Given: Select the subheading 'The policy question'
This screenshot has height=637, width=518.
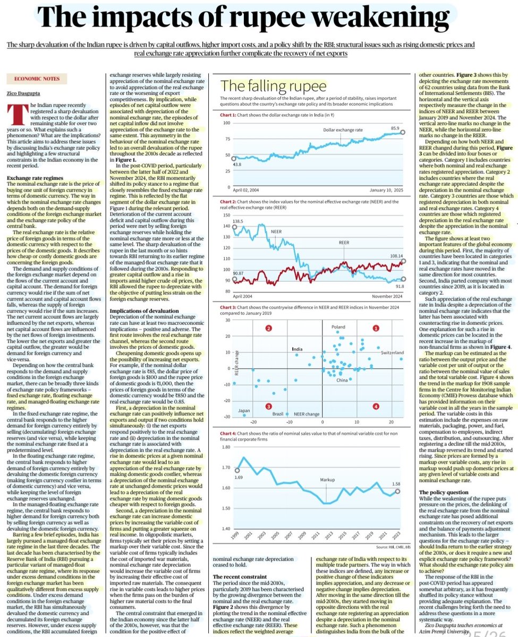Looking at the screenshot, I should pos(444,492).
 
